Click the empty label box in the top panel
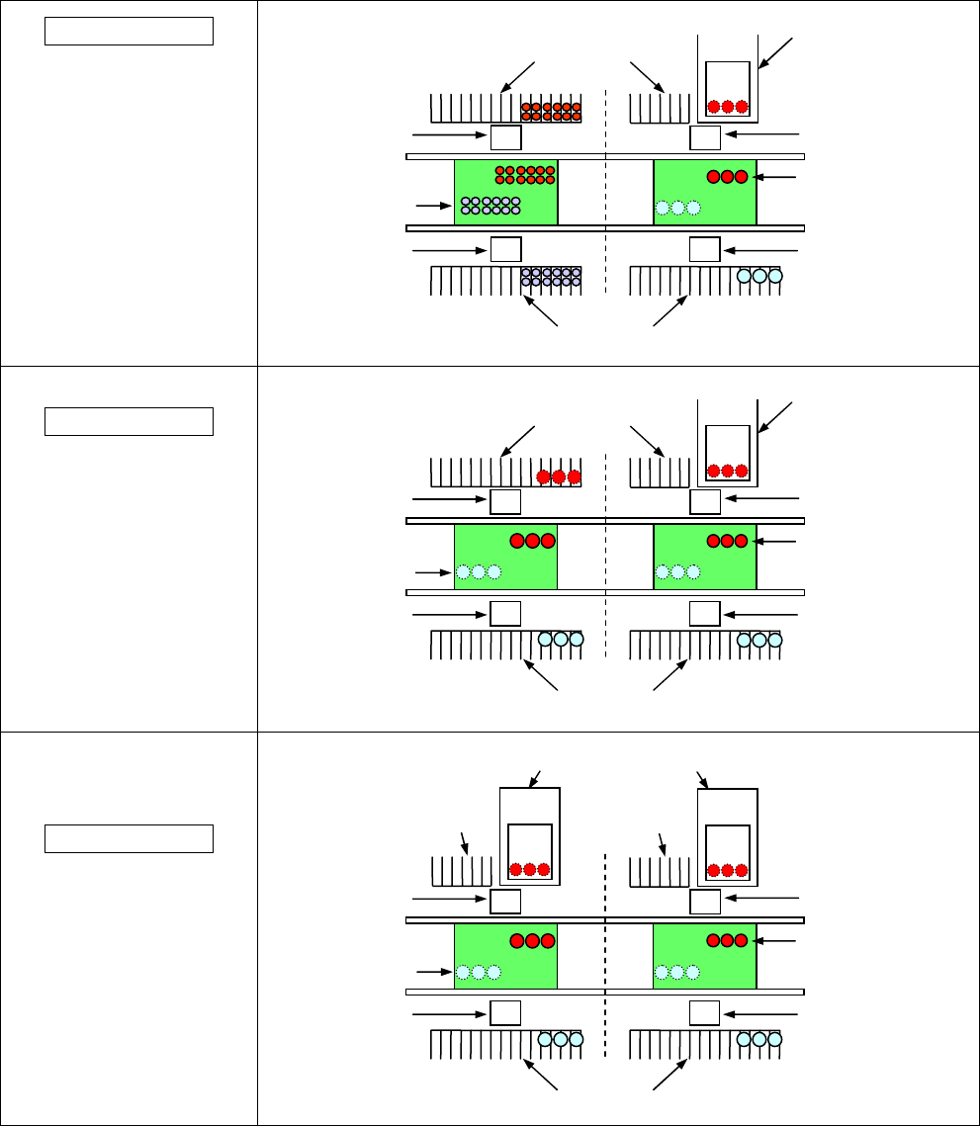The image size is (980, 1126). click(130, 31)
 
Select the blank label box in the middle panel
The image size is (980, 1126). click(130, 421)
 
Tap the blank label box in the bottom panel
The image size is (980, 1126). click(130, 838)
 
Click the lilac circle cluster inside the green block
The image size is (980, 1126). click(490, 206)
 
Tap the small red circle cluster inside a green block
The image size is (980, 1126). click(525, 175)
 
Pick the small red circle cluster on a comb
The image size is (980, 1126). click(551, 111)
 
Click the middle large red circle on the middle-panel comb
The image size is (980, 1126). click(559, 476)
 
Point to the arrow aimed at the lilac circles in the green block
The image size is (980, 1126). click(427, 206)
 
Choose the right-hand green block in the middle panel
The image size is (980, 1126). click(705, 557)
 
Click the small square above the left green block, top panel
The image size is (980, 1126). click(505, 137)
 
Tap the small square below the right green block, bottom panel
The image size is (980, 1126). click(704, 1012)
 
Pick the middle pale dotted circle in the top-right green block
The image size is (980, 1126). click(677, 208)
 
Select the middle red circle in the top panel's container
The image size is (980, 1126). click(728, 107)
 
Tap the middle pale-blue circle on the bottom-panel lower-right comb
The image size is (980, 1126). click(759, 1040)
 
